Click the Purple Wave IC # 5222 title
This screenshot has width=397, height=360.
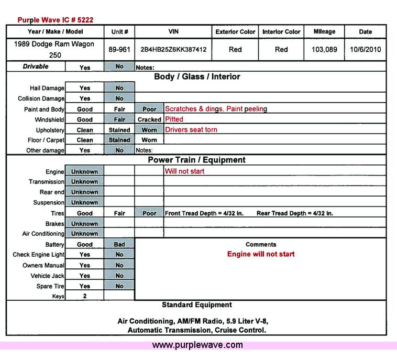tap(56, 20)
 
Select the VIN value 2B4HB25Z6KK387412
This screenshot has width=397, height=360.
tap(173, 50)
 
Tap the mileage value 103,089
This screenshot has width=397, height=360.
tap(324, 50)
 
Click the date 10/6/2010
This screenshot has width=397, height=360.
tap(366, 50)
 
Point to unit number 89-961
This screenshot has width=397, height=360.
tap(119, 50)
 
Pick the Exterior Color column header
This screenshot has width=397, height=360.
tap(235, 32)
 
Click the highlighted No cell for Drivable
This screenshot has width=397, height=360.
tap(119, 67)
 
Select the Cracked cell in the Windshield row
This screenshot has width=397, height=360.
tap(149, 119)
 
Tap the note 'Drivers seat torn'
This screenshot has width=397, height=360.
tap(191, 129)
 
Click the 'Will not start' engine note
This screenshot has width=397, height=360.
tap(184, 171)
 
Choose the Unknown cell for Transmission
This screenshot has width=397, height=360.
tap(85, 182)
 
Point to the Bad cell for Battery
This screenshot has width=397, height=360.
tap(119, 244)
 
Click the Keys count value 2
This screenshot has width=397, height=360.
tap(85, 296)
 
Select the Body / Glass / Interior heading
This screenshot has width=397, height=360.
tap(197, 77)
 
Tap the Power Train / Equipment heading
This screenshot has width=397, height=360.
tap(196, 160)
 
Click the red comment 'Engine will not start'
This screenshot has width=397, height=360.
tap(261, 254)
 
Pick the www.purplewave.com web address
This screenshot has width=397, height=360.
tap(197, 345)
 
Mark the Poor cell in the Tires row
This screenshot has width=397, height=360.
tap(149, 213)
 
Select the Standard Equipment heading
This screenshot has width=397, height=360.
tap(197, 304)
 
